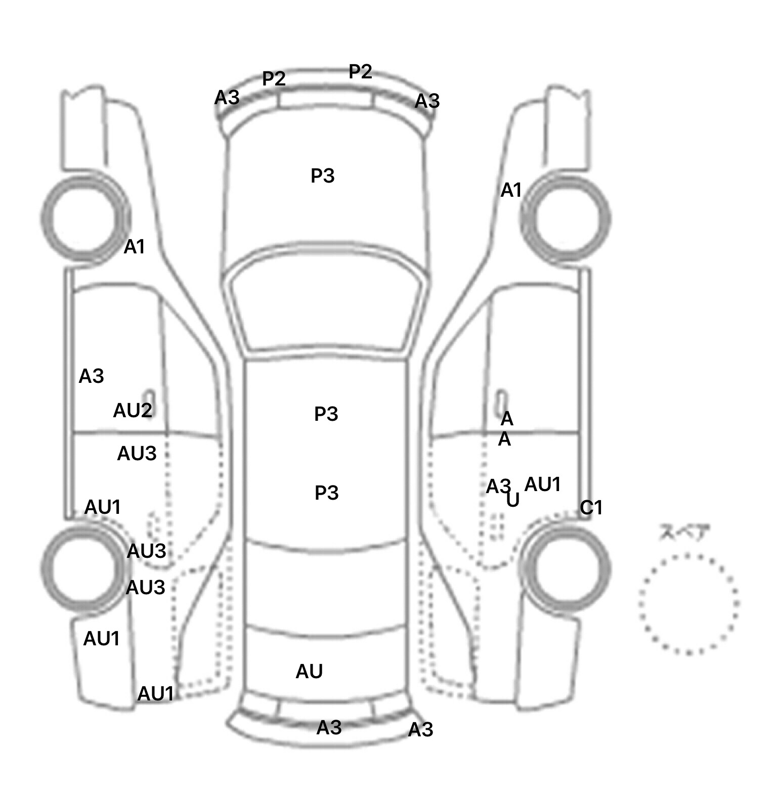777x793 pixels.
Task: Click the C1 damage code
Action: coord(591,507)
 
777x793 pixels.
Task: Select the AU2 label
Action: coord(132,411)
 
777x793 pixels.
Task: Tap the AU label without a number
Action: coord(309,672)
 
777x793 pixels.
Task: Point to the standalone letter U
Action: coord(513,500)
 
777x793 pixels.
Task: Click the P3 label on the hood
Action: coord(323,176)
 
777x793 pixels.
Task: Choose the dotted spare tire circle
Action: coord(688,603)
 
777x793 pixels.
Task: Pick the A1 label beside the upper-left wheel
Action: coord(135,247)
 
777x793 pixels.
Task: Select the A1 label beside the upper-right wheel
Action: coord(511,191)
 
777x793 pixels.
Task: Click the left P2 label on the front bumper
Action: coord(274,79)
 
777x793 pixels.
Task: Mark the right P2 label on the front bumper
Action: coord(361,72)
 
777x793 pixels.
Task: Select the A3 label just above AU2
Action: coord(92,376)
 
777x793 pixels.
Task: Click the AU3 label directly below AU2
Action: coord(137,454)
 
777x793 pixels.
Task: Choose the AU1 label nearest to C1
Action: coord(543,484)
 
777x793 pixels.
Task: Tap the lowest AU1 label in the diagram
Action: coord(156,694)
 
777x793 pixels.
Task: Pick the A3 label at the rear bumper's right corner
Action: coord(420,730)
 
